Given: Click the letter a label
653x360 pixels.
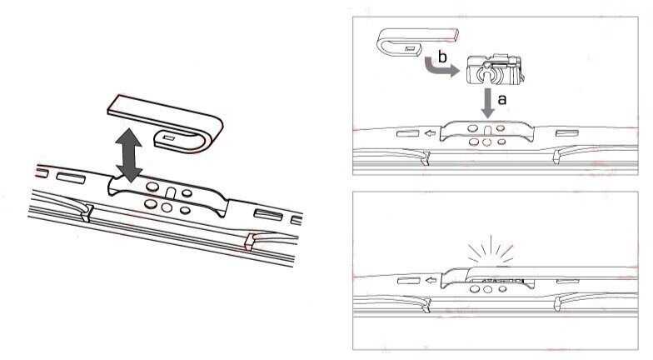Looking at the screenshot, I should click(501, 97).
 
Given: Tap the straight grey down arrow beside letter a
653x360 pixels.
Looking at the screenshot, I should click(487, 101).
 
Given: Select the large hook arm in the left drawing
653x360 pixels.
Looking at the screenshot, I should click(167, 117).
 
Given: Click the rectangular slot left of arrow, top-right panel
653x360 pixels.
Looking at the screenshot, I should click(408, 132).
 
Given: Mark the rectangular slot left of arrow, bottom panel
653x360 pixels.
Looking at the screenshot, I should click(408, 281).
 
